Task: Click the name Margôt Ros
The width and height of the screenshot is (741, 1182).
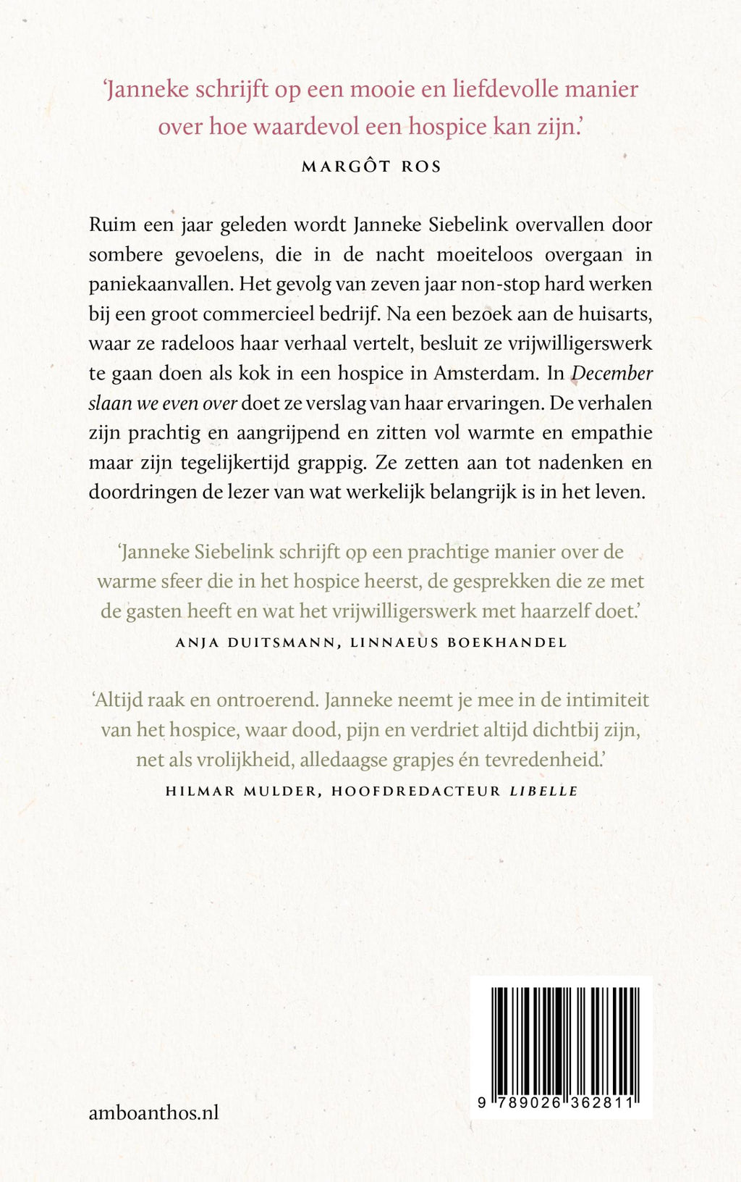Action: click(x=370, y=166)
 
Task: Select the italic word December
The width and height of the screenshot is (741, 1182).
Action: click(x=612, y=373)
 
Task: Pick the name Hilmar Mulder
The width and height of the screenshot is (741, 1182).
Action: click(x=241, y=791)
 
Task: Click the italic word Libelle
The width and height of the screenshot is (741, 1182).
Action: click(x=543, y=791)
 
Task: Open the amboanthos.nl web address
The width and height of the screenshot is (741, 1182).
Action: click(x=153, y=1112)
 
